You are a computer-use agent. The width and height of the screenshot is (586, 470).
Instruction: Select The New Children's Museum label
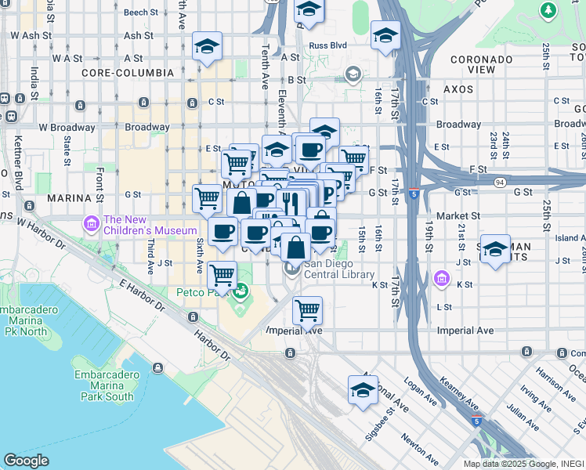[150, 225]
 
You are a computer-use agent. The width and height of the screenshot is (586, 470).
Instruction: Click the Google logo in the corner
[26, 461]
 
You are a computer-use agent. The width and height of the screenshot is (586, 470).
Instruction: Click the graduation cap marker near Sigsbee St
[363, 389]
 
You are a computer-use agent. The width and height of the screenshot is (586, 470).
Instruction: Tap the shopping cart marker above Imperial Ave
[307, 309]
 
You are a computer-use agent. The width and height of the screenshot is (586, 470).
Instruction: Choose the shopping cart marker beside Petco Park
[222, 275]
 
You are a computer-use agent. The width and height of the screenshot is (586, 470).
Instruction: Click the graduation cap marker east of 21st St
[494, 249]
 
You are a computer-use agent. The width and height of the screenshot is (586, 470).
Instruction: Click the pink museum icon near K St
[443, 277]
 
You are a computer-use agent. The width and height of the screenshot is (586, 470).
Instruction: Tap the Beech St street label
[140, 13]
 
